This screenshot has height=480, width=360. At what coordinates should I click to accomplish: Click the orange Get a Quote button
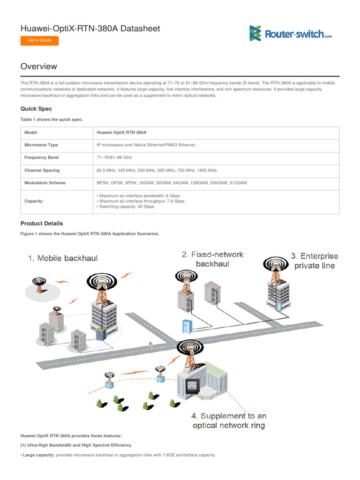(x=39, y=40)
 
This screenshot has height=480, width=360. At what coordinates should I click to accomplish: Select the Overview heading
(x=39, y=67)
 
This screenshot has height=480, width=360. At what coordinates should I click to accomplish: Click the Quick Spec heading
(x=36, y=109)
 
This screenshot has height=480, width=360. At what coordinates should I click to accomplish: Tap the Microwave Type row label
(x=41, y=145)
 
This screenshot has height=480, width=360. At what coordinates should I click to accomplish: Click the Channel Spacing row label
(x=42, y=171)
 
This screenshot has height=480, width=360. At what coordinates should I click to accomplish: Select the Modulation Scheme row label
(x=45, y=183)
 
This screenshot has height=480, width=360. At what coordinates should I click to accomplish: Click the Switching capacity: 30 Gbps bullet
(x=126, y=207)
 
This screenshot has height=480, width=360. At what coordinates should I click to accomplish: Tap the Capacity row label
(x=33, y=202)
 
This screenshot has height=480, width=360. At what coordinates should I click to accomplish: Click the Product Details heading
(x=42, y=224)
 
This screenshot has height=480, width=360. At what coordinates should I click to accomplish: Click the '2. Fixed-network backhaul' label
(x=212, y=259)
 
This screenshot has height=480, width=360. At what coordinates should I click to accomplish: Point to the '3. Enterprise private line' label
(x=314, y=261)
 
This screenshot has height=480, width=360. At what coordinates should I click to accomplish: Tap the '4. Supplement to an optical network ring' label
(x=229, y=420)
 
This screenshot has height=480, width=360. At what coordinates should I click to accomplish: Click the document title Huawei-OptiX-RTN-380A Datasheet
(x=90, y=29)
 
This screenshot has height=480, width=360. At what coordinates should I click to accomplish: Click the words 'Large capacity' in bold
(x=38, y=455)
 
